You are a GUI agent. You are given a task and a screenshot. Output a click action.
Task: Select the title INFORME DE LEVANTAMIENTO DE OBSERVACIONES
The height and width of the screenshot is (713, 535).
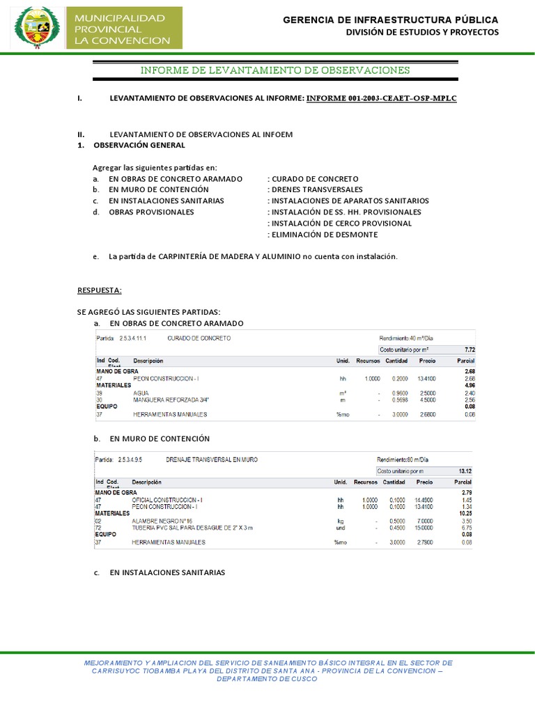coord(276,70)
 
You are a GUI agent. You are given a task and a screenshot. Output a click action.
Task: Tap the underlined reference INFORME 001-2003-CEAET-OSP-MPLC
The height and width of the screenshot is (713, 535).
coord(381,98)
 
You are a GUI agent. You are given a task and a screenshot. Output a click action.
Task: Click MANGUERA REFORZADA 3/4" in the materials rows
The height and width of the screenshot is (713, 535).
coord(164,400)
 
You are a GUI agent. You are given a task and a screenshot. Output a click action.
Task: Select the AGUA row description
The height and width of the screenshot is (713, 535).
coord(141,393)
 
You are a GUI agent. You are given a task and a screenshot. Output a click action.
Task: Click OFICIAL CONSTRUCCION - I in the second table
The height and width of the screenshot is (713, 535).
coord(166,500)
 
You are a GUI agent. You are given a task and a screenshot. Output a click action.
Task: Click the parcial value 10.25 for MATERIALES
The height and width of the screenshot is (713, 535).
coord(467,513)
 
